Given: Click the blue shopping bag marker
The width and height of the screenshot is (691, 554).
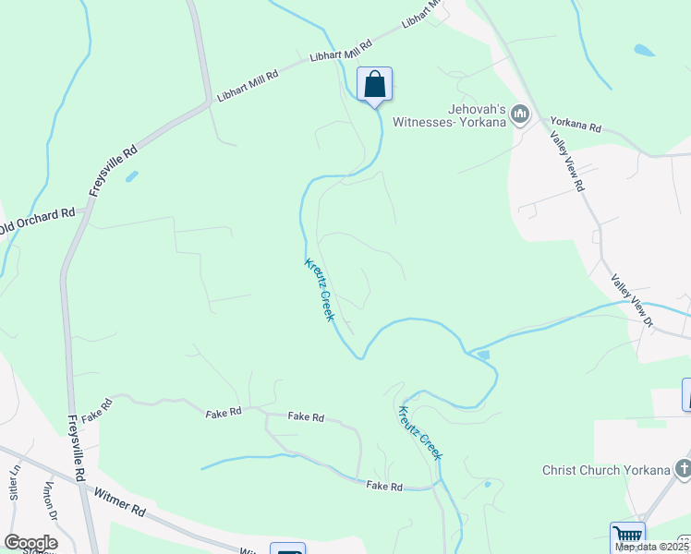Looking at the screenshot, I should pos(374,85).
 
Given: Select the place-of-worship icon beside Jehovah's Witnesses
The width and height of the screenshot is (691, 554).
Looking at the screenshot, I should pos(519,114).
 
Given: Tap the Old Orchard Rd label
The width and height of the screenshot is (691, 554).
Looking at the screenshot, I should pos(37,222).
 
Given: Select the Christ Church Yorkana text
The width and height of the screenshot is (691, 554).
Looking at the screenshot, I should pos(605,469).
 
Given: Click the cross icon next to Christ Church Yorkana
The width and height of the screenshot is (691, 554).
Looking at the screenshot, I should pos(683,468).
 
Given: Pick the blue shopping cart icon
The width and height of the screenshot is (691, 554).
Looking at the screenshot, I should pos(626,536).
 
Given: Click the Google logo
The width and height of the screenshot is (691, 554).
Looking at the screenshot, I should pos(30,543).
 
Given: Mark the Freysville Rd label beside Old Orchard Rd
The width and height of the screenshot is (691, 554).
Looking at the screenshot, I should pos(114,170).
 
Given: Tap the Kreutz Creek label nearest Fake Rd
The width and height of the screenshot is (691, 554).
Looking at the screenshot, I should pos(420,432).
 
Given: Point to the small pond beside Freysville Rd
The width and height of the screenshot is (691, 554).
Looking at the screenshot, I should pos(132,175).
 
